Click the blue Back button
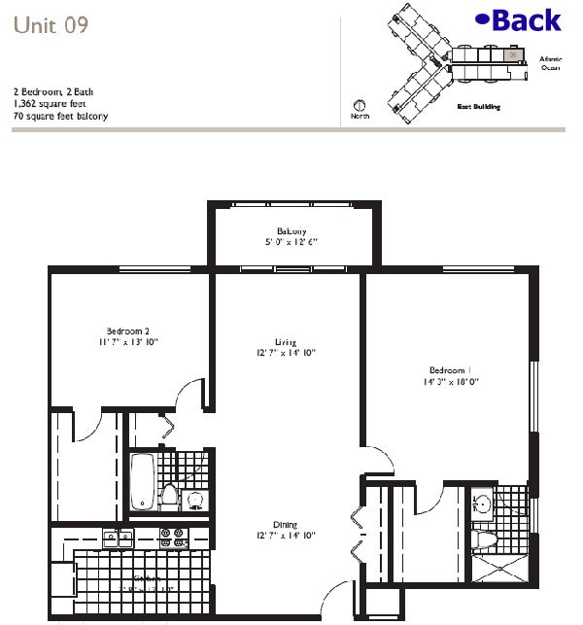click(519, 19)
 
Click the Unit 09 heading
click(51, 25)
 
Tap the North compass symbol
click(359, 106)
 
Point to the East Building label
click(478, 107)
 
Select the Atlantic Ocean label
click(551, 63)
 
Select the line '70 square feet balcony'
click(60, 116)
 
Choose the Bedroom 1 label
click(450, 370)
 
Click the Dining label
click(285, 522)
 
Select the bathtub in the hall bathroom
click(143, 481)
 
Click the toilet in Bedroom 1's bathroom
click(484, 540)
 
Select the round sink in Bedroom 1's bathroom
click(483, 503)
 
